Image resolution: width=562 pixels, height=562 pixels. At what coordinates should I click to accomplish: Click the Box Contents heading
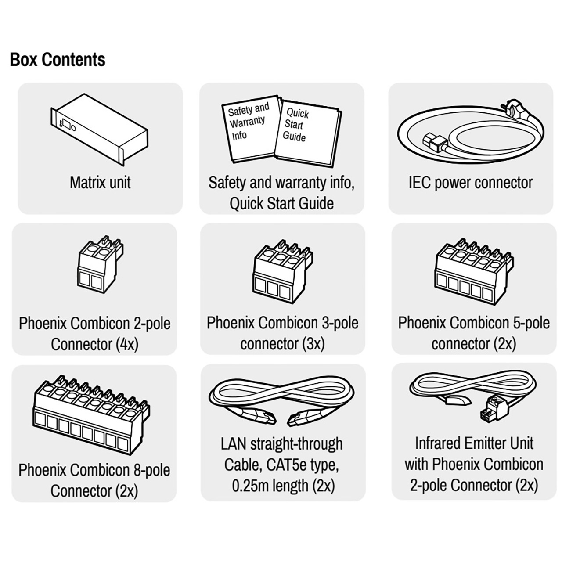[58, 60]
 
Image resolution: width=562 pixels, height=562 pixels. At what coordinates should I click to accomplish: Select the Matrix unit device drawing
[100, 130]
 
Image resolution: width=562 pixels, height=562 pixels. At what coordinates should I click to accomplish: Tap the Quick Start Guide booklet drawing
[308, 134]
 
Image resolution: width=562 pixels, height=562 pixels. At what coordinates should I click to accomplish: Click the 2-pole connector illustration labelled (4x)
[101, 263]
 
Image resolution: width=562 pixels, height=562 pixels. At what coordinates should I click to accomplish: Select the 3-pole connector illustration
[283, 271]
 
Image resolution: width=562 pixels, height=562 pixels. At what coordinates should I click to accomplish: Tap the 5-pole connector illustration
[474, 271]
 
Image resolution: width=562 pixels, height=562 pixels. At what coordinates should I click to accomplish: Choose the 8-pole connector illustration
[91, 414]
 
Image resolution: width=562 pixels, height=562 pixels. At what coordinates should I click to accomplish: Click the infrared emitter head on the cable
[458, 400]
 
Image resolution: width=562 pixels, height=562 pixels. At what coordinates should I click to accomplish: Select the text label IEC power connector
[471, 183]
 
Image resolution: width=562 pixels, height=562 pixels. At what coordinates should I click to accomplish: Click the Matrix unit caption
[100, 183]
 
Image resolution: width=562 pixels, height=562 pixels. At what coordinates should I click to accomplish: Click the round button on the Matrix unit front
[73, 128]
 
